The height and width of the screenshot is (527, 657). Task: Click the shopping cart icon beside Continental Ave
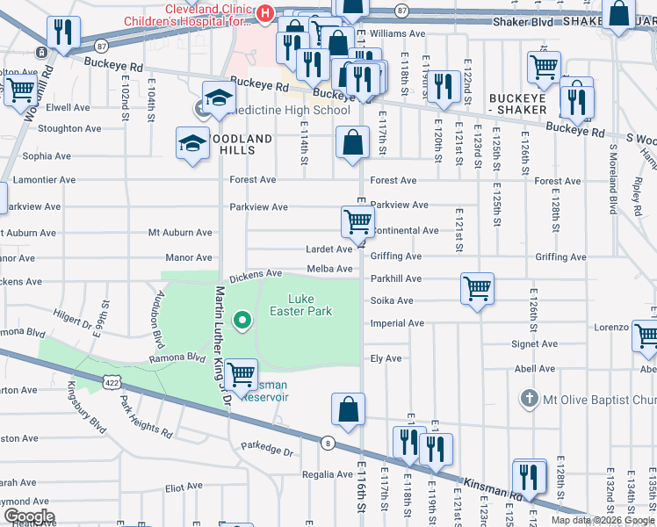point(357,222)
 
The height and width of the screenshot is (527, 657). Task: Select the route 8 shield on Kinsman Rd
point(328,443)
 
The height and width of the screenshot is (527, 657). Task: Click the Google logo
point(29,516)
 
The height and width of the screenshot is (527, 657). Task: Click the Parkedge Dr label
point(268,451)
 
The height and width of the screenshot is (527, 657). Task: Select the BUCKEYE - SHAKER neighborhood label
point(518,104)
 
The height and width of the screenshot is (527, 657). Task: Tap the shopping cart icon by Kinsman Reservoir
point(241,373)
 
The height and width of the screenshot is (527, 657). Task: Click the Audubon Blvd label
point(159,318)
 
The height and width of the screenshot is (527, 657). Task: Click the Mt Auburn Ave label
point(180,233)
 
